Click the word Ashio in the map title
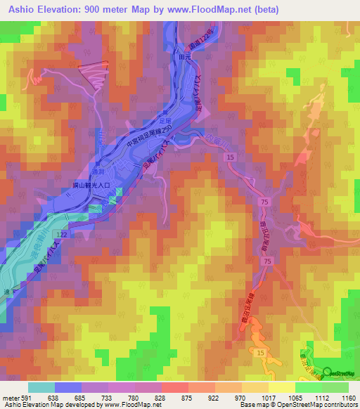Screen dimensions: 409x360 (x=26, y=10)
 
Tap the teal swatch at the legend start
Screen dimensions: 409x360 (x=41, y=387)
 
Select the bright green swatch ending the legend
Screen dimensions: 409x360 (x=335, y=387)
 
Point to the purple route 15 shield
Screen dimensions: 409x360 (x=231, y=160)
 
